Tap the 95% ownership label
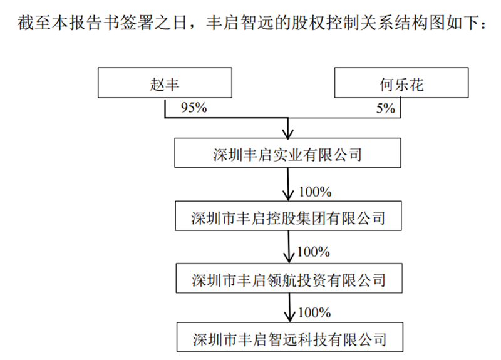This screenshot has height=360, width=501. [x=194, y=108]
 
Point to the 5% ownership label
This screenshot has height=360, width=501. [x=385, y=108]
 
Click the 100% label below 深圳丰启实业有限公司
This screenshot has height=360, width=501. [x=315, y=192]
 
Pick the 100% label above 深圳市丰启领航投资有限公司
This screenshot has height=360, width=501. [x=314, y=252]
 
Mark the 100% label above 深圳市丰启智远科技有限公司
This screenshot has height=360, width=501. [x=314, y=312]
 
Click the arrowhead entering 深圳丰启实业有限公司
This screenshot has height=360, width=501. [x=288, y=134]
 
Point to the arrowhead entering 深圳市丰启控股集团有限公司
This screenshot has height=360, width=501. [x=288, y=196]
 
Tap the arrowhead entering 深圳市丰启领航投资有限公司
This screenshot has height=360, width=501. [x=289, y=258]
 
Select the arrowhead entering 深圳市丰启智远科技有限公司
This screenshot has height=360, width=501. [x=290, y=317]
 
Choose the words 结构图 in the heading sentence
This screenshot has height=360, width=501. [x=420, y=23]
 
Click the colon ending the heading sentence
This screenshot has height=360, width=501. [x=483, y=24]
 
